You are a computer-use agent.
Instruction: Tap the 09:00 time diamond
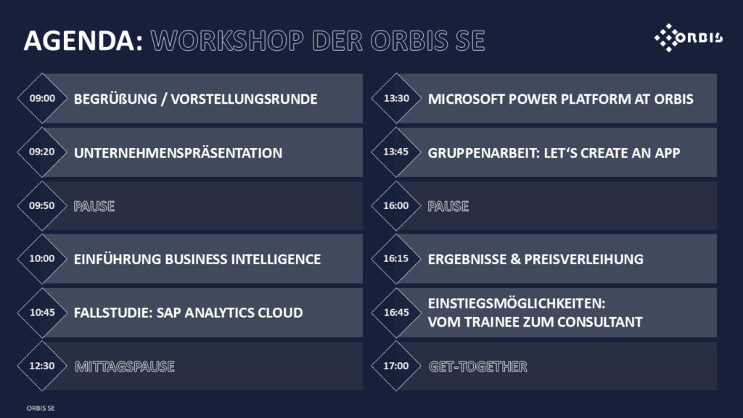click(42, 99)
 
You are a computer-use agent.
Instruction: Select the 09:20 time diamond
click(42, 152)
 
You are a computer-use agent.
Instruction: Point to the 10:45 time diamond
click(42, 313)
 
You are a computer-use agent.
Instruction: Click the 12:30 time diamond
click(42, 366)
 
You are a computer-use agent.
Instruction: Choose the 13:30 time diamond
click(396, 99)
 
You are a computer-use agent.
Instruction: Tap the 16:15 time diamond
click(396, 259)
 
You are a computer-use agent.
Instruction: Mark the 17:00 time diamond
click(396, 366)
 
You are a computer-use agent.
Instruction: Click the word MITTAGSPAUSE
click(125, 366)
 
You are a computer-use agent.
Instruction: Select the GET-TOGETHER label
click(477, 366)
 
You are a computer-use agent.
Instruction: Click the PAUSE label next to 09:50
click(94, 206)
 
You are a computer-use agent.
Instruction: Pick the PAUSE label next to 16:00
click(448, 206)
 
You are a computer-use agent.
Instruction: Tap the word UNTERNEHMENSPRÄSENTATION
click(178, 153)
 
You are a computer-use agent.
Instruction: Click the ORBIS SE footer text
click(41, 408)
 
